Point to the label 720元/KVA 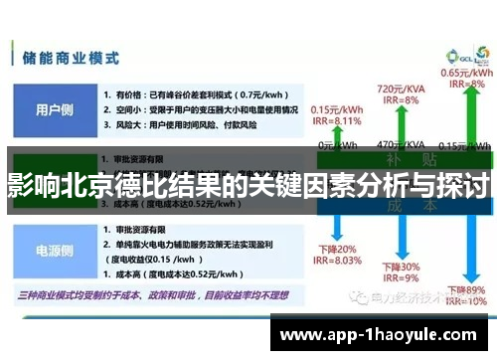pyautogui.click(x=397, y=90)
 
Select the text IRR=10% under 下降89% pyautogui.click(x=466, y=299)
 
